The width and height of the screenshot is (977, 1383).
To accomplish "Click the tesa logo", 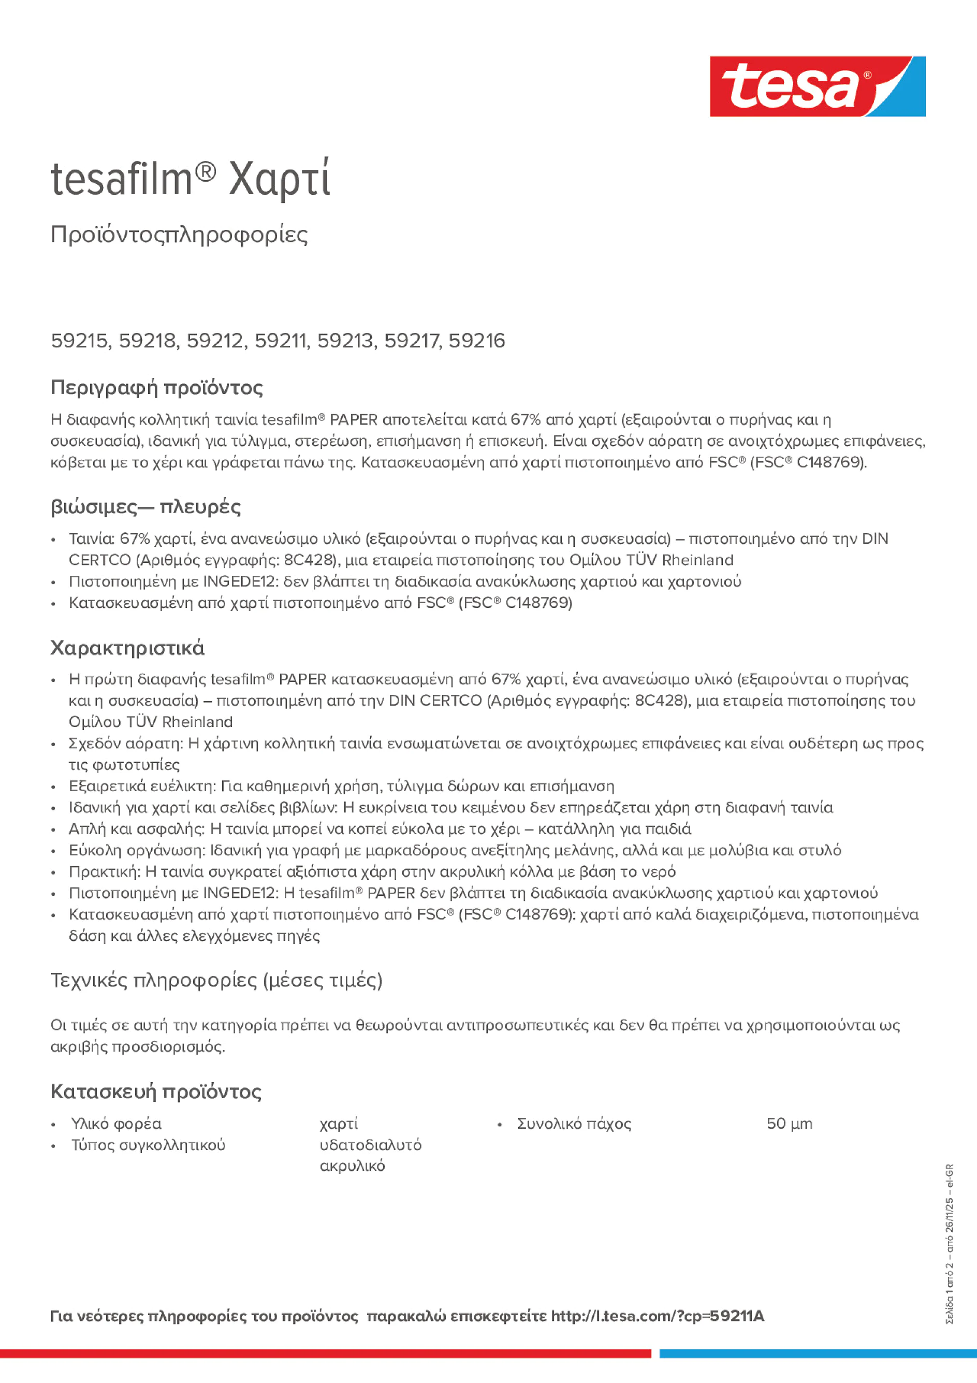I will (x=817, y=87).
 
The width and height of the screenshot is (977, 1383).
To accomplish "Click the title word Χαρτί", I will (x=280, y=180).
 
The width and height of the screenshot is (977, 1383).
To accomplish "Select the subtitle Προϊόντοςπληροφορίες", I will (x=179, y=235).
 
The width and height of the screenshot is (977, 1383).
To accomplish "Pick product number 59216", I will (x=476, y=341).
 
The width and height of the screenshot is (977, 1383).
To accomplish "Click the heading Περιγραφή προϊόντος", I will (x=156, y=387).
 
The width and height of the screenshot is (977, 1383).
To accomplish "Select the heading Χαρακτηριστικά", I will (x=127, y=648).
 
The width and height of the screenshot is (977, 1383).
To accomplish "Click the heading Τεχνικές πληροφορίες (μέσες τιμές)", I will (x=216, y=980).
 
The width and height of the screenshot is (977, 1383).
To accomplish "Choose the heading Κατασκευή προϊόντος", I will (x=156, y=1091).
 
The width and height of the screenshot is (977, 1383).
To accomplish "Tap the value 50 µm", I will (x=789, y=1124).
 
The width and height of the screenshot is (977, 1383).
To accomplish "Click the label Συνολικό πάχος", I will (x=574, y=1124).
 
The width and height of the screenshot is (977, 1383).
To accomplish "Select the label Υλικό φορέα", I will (x=116, y=1124).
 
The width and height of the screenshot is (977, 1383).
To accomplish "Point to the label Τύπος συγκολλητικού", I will (x=148, y=1144).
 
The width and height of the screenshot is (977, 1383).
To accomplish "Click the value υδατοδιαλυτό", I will (x=370, y=1144).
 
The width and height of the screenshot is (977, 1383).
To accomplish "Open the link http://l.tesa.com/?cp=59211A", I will (x=657, y=1316).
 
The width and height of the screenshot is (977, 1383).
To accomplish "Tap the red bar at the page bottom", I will (x=325, y=1353).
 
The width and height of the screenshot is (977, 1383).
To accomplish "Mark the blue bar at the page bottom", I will (x=818, y=1353).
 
